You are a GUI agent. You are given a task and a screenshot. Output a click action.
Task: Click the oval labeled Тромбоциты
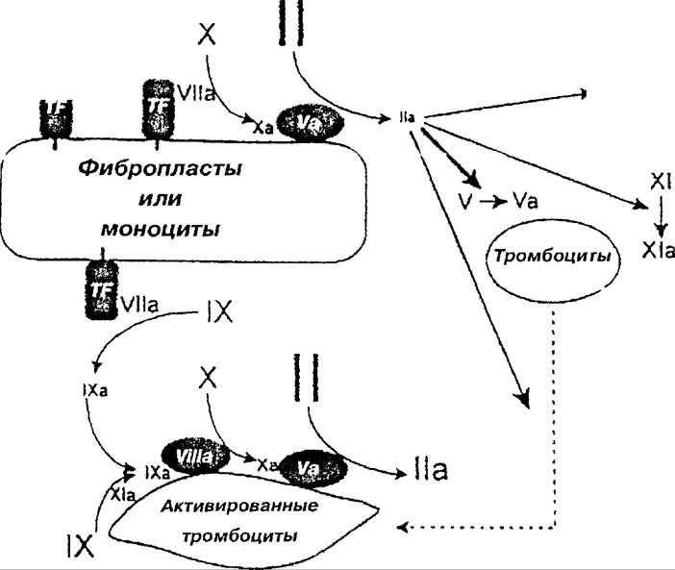(551, 258)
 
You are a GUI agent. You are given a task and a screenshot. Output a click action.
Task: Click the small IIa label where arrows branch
(407, 117)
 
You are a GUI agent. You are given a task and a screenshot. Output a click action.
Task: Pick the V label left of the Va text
(464, 201)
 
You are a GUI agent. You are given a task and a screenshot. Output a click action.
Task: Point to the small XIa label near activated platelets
(121, 493)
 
